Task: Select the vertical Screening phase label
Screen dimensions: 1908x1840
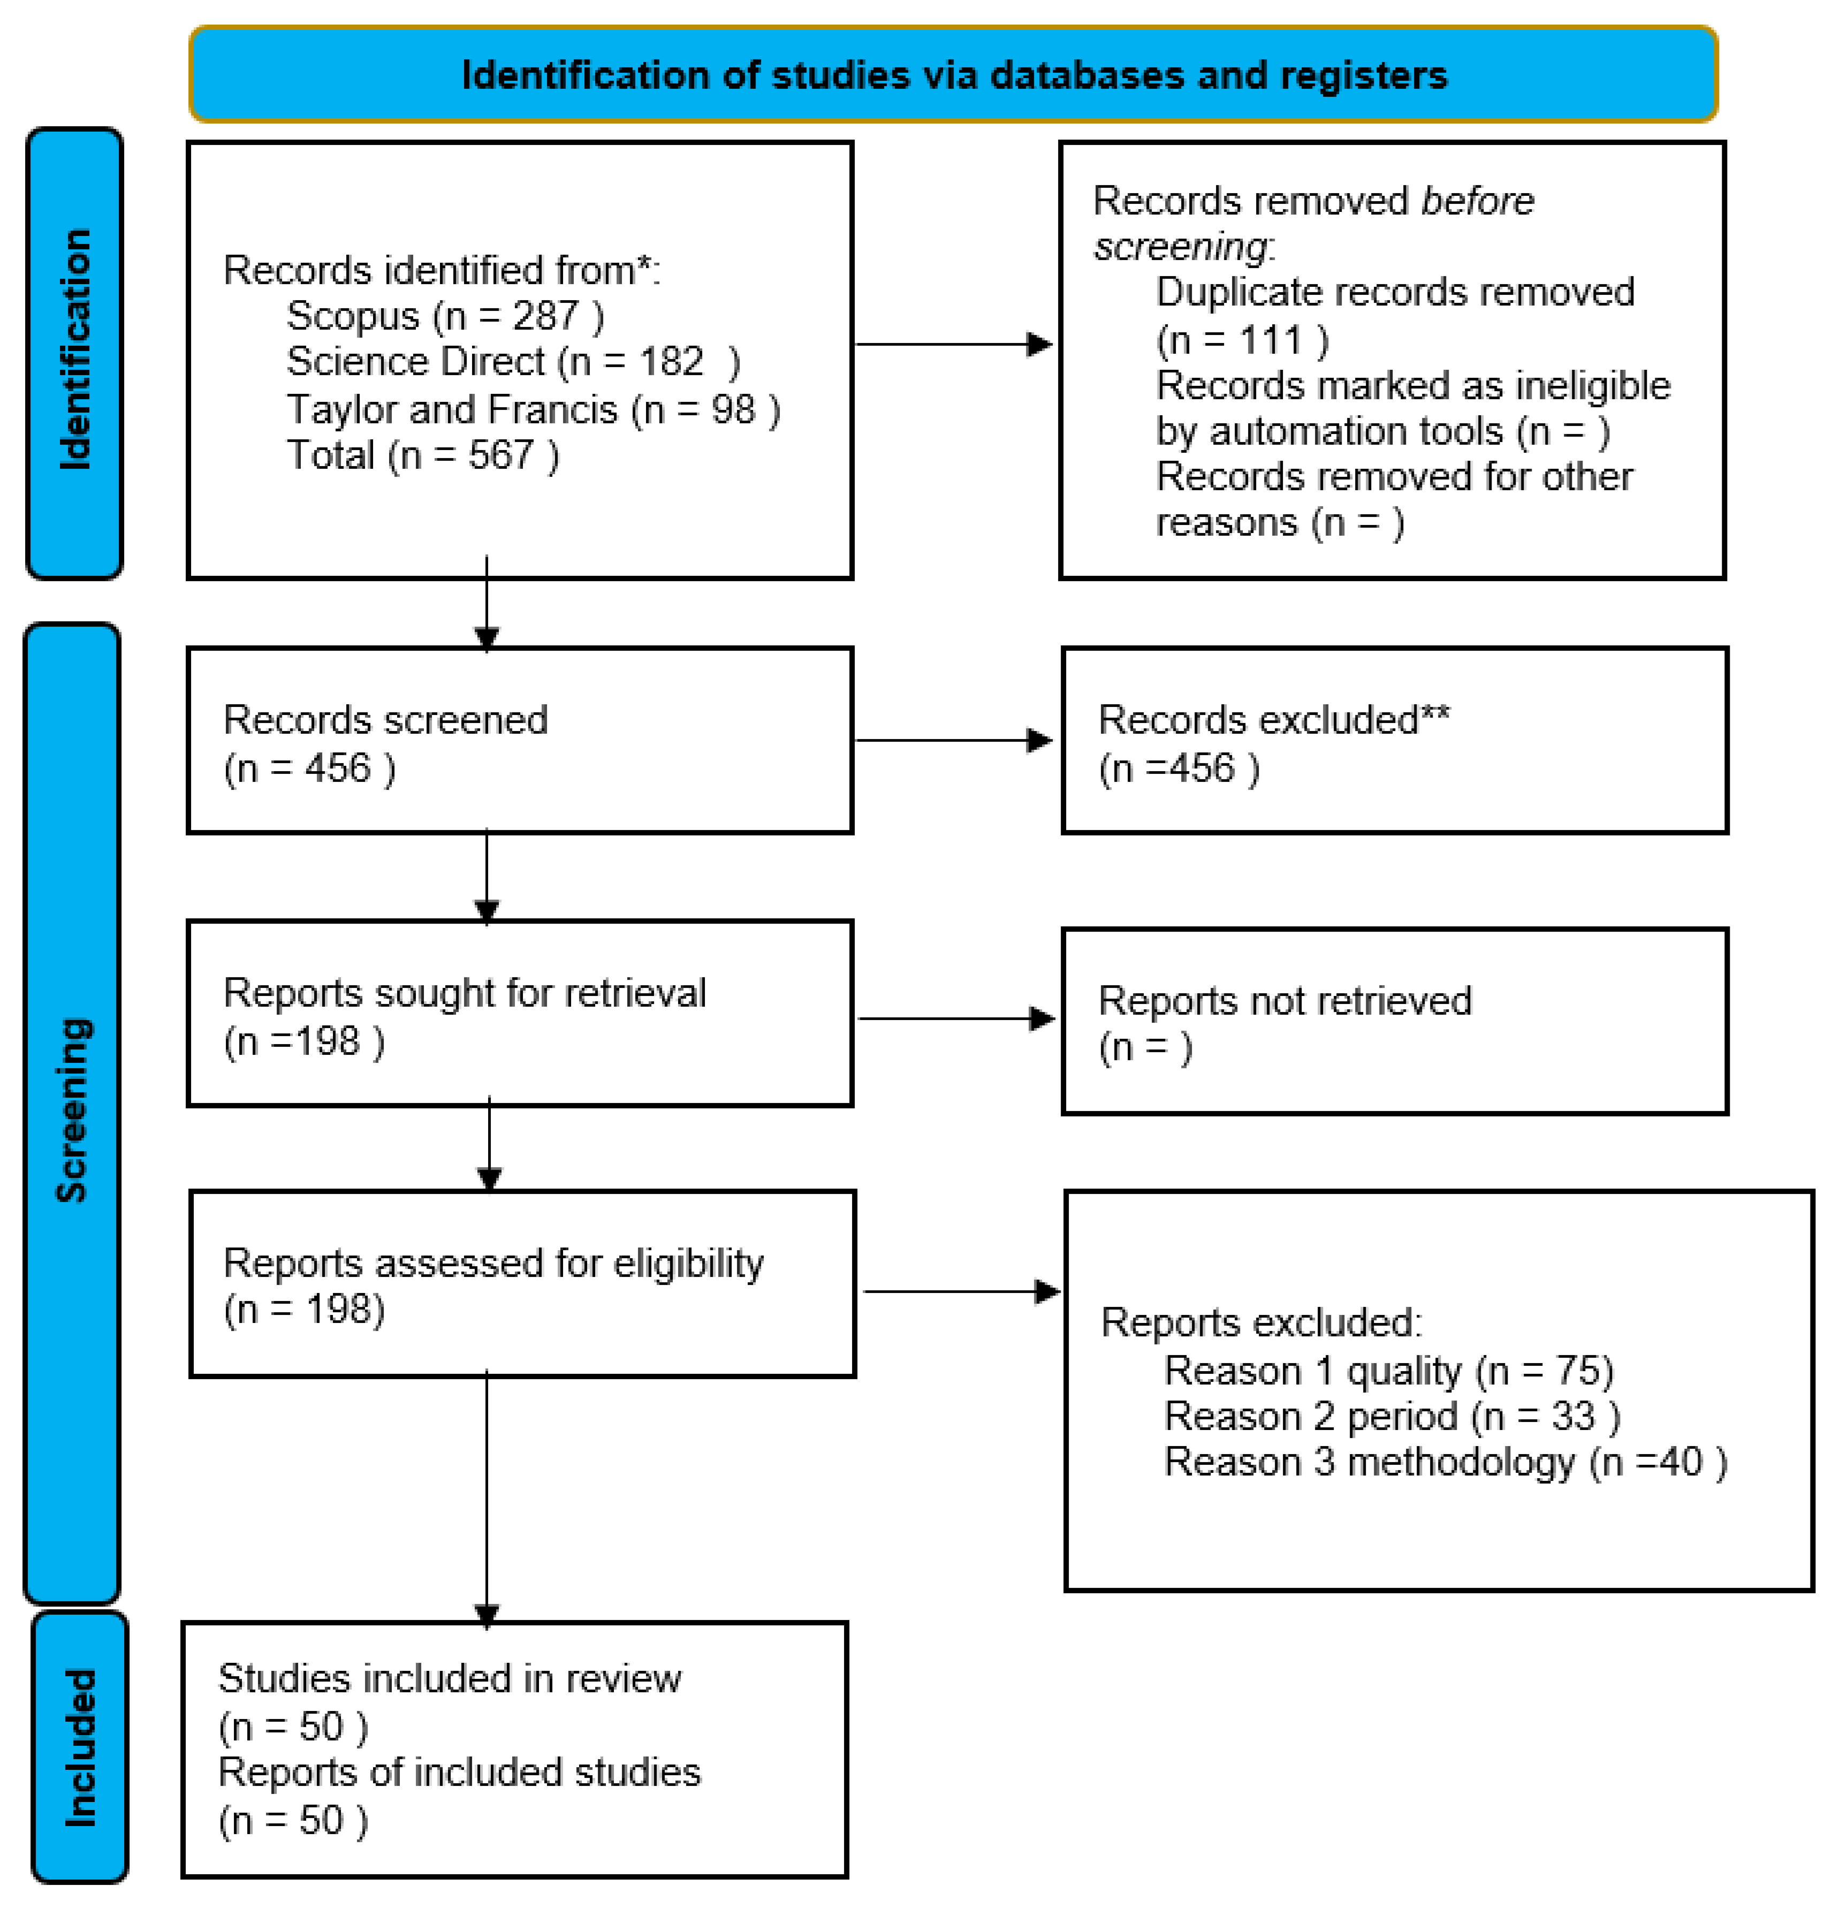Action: click(73, 1110)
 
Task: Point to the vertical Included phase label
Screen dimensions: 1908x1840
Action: click(80, 1747)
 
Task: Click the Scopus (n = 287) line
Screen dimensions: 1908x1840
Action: click(445, 315)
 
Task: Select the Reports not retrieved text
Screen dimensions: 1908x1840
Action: click(1284, 1001)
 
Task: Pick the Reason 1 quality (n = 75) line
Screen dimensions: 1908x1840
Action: click(1388, 1371)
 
